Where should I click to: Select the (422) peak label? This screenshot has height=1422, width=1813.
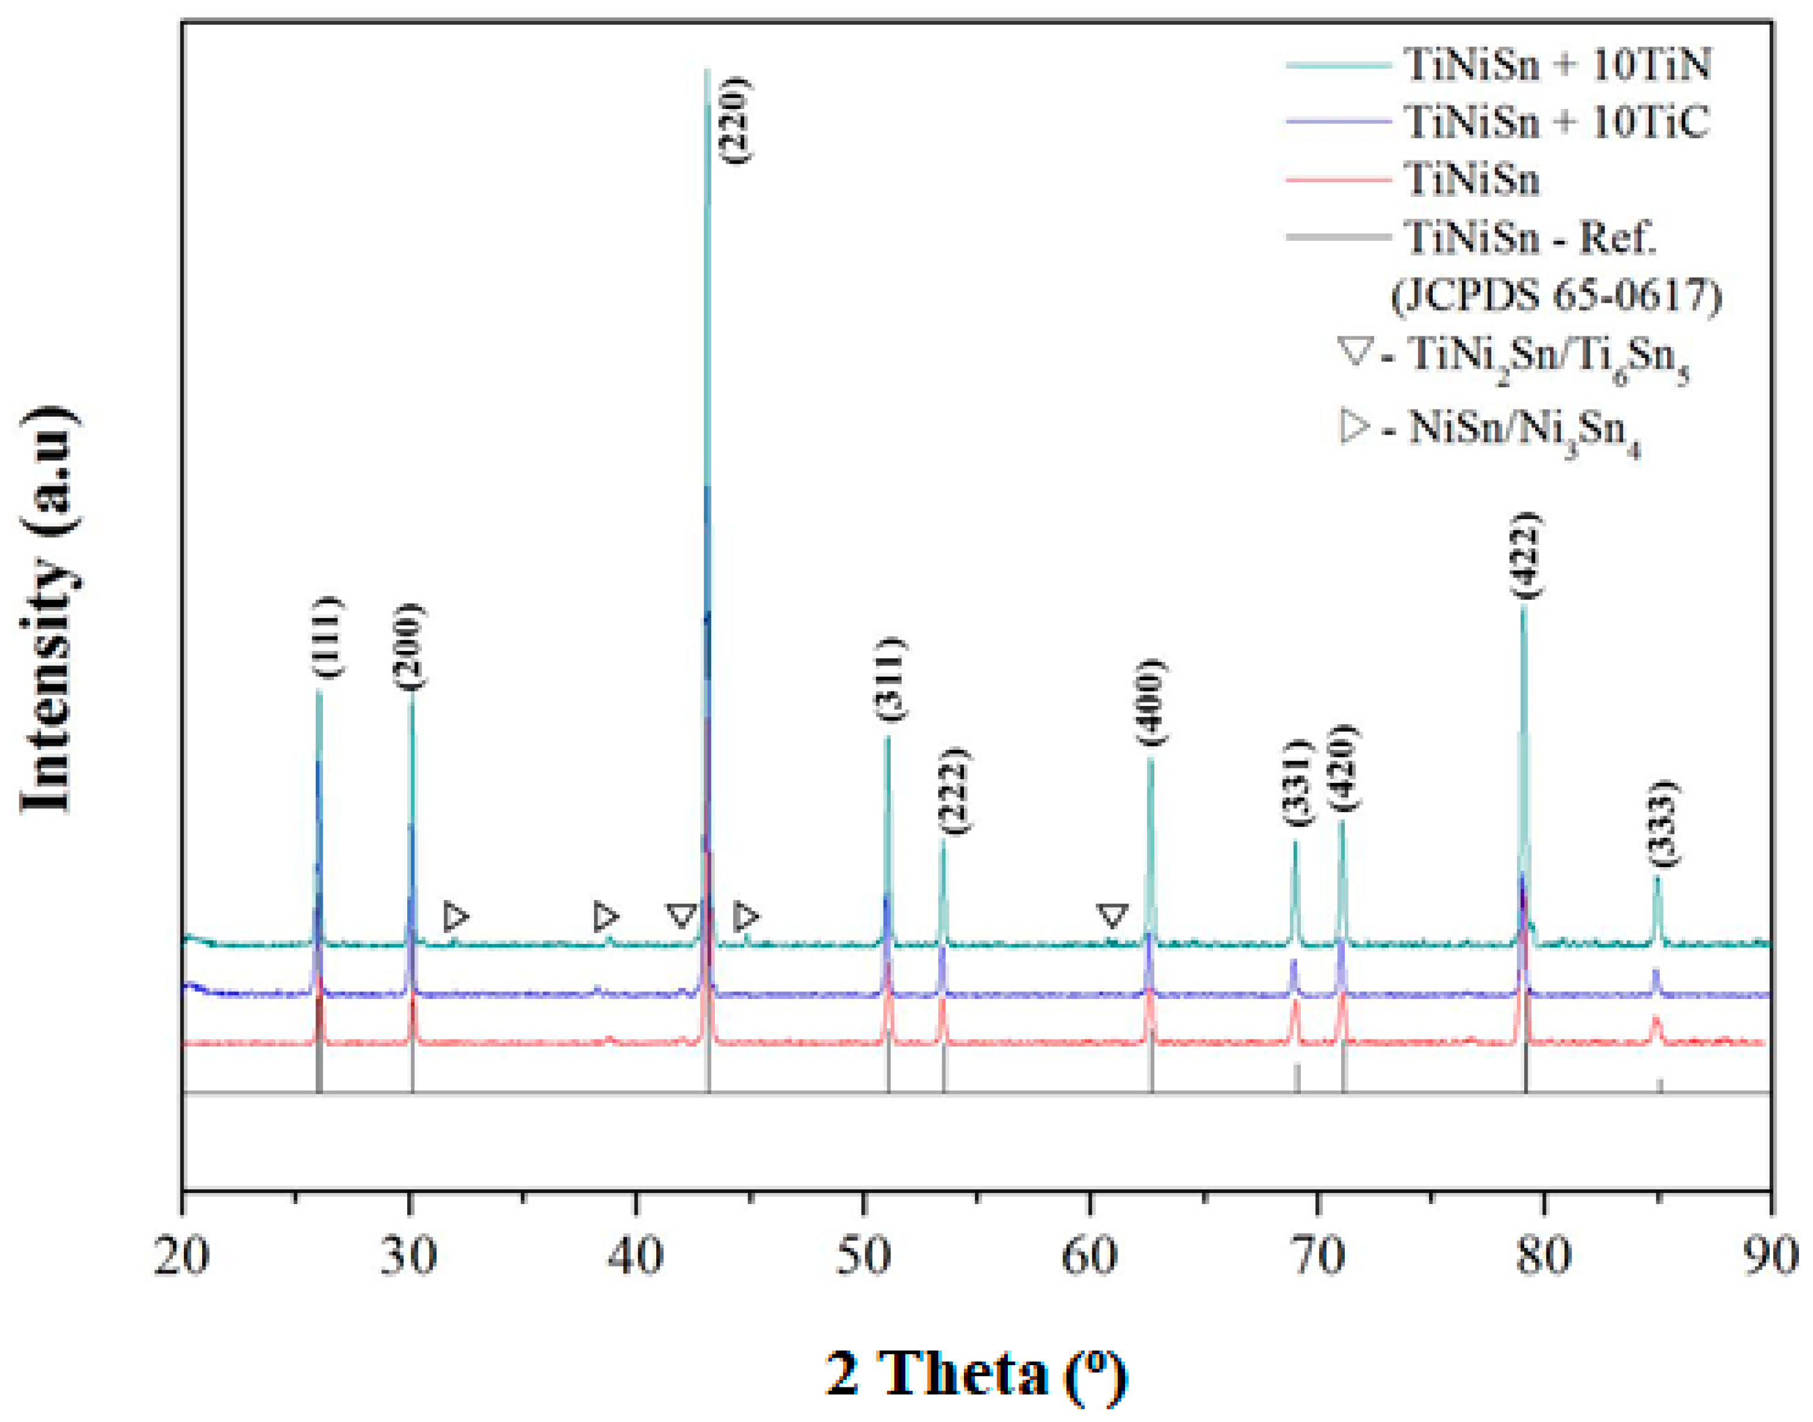(1526, 555)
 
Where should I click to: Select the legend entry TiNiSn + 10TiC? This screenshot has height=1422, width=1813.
(1556, 122)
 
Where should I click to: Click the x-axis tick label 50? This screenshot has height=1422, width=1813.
(863, 1256)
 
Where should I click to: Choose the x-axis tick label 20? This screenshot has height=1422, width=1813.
(182, 1256)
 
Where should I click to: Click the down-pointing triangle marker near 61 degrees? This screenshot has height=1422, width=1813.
(1112, 916)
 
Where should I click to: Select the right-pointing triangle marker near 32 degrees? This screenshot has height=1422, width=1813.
(455, 916)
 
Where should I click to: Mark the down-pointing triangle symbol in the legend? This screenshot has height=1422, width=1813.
(1354, 350)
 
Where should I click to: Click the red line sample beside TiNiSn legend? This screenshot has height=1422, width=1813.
(1338, 180)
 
